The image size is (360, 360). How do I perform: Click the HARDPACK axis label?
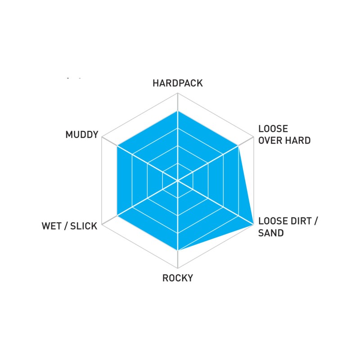[178, 83]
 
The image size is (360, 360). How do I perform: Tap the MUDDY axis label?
[81, 135]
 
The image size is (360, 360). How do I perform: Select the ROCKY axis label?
[178, 278]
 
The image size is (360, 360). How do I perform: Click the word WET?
[52, 226]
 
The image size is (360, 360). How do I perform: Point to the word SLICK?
[84, 226]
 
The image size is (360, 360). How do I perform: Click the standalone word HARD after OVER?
[297, 140]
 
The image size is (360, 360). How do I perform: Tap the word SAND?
[271, 233]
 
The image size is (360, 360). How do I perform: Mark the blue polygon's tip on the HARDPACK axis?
[178, 111]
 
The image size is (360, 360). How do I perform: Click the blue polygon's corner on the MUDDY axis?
[117, 146]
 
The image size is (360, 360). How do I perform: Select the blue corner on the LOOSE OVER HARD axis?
[238, 146]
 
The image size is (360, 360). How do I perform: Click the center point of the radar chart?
[178, 180]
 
